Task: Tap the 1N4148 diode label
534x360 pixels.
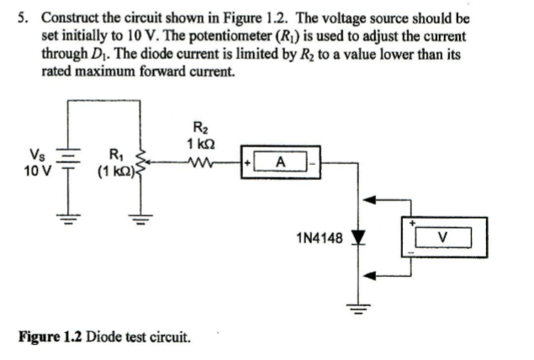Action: [320, 238]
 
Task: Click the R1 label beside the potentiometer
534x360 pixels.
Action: [114, 153]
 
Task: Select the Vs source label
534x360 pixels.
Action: [37, 154]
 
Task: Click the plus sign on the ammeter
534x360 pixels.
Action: [249, 160]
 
